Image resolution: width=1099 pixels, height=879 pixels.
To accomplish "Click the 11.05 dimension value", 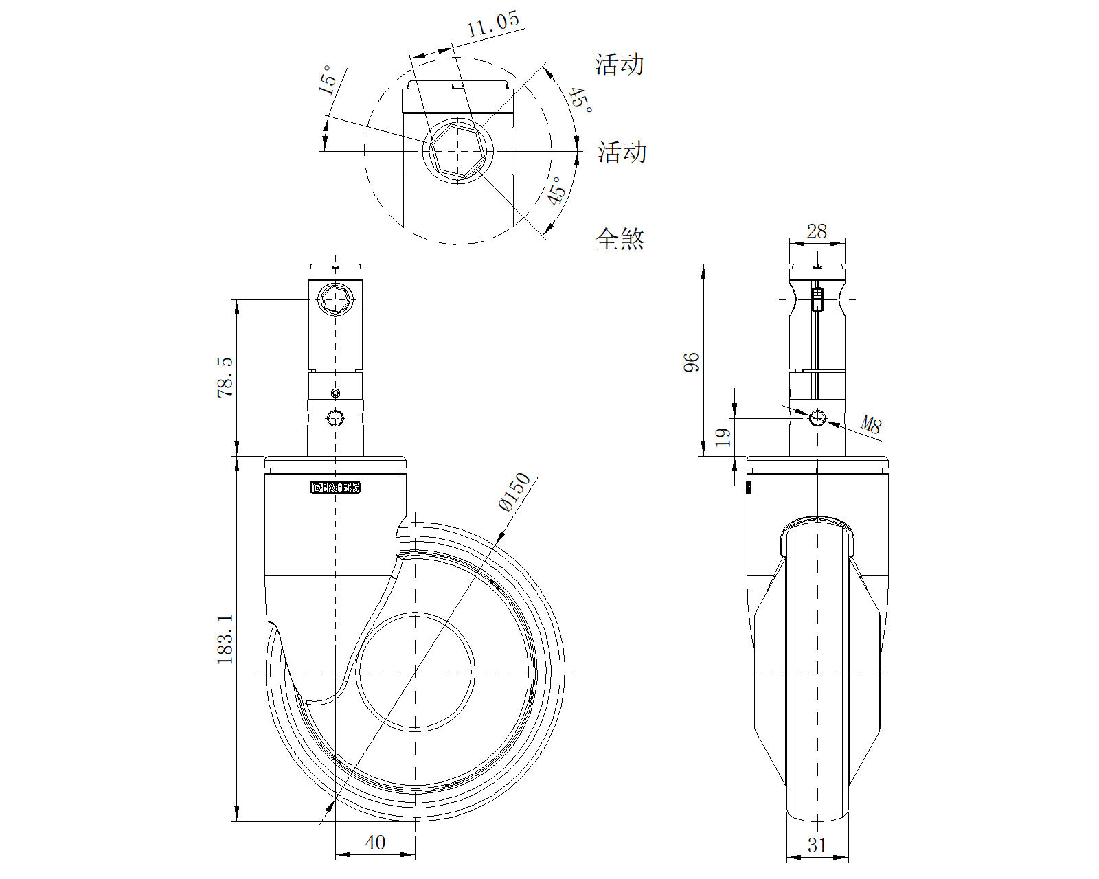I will [x=493, y=25].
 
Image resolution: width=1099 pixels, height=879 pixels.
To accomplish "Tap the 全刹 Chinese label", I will [x=620, y=239].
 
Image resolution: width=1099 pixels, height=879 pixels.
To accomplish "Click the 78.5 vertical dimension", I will [x=225, y=377].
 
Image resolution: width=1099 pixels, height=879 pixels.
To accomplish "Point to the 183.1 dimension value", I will [x=225, y=639].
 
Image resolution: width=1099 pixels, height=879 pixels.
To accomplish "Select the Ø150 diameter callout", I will [x=514, y=492].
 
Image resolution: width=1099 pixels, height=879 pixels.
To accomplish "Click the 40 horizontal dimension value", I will [x=375, y=843].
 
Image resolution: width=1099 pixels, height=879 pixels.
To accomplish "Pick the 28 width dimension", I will [x=817, y=231].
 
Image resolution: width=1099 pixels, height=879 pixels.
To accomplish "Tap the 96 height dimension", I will [x=691, y=362].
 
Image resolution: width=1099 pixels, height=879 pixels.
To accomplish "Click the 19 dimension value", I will [x=723, y=437].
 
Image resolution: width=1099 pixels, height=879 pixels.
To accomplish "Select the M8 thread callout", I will [x=871, y=426].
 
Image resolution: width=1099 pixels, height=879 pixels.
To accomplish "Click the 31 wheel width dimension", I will [x=817, y=845].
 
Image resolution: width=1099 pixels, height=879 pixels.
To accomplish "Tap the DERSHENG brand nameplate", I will [x=336, y=488].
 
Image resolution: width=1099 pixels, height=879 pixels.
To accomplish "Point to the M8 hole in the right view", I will [x=817, y=418].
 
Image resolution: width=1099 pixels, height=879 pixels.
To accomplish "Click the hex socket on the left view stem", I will [x=335, y=299].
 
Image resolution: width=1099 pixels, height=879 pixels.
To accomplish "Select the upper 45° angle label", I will [x=580, y=100].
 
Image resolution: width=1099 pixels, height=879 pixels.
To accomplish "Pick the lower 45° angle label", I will [x=556, y=190].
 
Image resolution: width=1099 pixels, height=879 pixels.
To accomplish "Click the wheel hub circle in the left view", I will [x=416, y=672].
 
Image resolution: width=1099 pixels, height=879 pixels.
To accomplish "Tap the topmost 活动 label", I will [x=620, y=65].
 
